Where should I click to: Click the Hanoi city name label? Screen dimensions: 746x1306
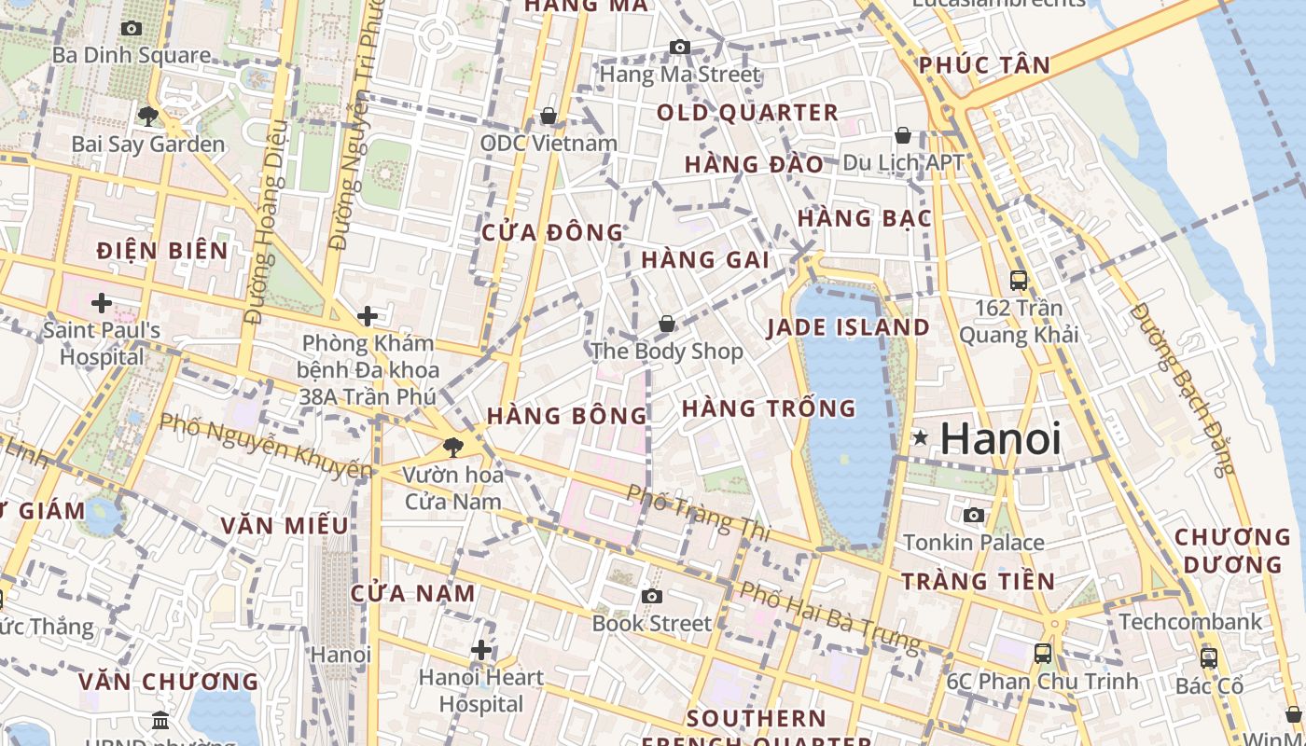(1000, 439)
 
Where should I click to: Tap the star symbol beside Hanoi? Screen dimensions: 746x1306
(921, 437)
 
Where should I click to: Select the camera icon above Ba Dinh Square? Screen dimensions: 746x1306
(132, 28)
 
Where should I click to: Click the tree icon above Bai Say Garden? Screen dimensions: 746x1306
(147, 117)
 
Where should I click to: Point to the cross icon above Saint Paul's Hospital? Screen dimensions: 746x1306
(101, 303)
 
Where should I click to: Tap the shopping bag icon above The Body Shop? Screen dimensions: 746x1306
(667, 324)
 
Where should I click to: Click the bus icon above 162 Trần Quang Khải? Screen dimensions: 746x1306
(1019, 280)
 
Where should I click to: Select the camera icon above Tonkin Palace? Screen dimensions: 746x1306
(974, 515)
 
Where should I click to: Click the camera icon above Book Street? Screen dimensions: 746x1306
(652, 596)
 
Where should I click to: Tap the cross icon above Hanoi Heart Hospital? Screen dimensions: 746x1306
(481, 650)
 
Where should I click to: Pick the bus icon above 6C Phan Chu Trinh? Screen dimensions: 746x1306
(1043, 654)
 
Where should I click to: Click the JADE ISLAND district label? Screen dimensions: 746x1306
(848, 327)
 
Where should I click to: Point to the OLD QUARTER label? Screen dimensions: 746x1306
(748, 113)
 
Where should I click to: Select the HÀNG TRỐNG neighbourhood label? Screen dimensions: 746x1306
(769, 408)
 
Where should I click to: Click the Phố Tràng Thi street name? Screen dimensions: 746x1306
(699, 512)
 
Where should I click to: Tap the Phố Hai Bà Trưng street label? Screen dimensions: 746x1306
(830, 617)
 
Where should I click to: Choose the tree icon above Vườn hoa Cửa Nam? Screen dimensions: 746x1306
(453, 448)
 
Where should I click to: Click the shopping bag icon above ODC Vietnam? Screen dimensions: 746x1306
(549, 116)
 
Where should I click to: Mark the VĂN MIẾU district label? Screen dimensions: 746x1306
(285, 525)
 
